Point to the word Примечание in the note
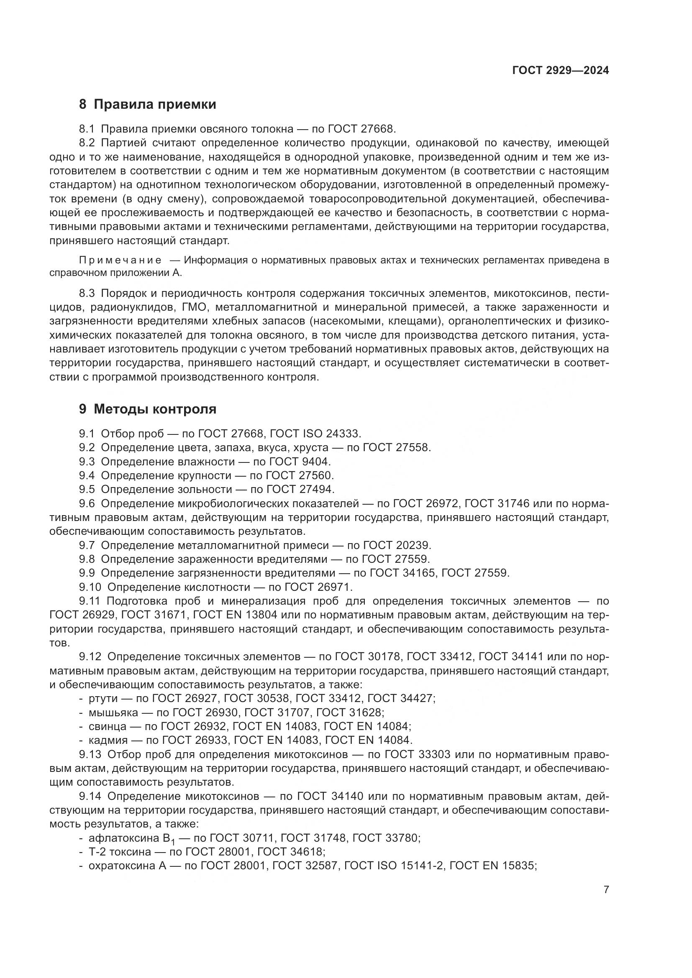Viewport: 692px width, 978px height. click(x=120, y=260)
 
